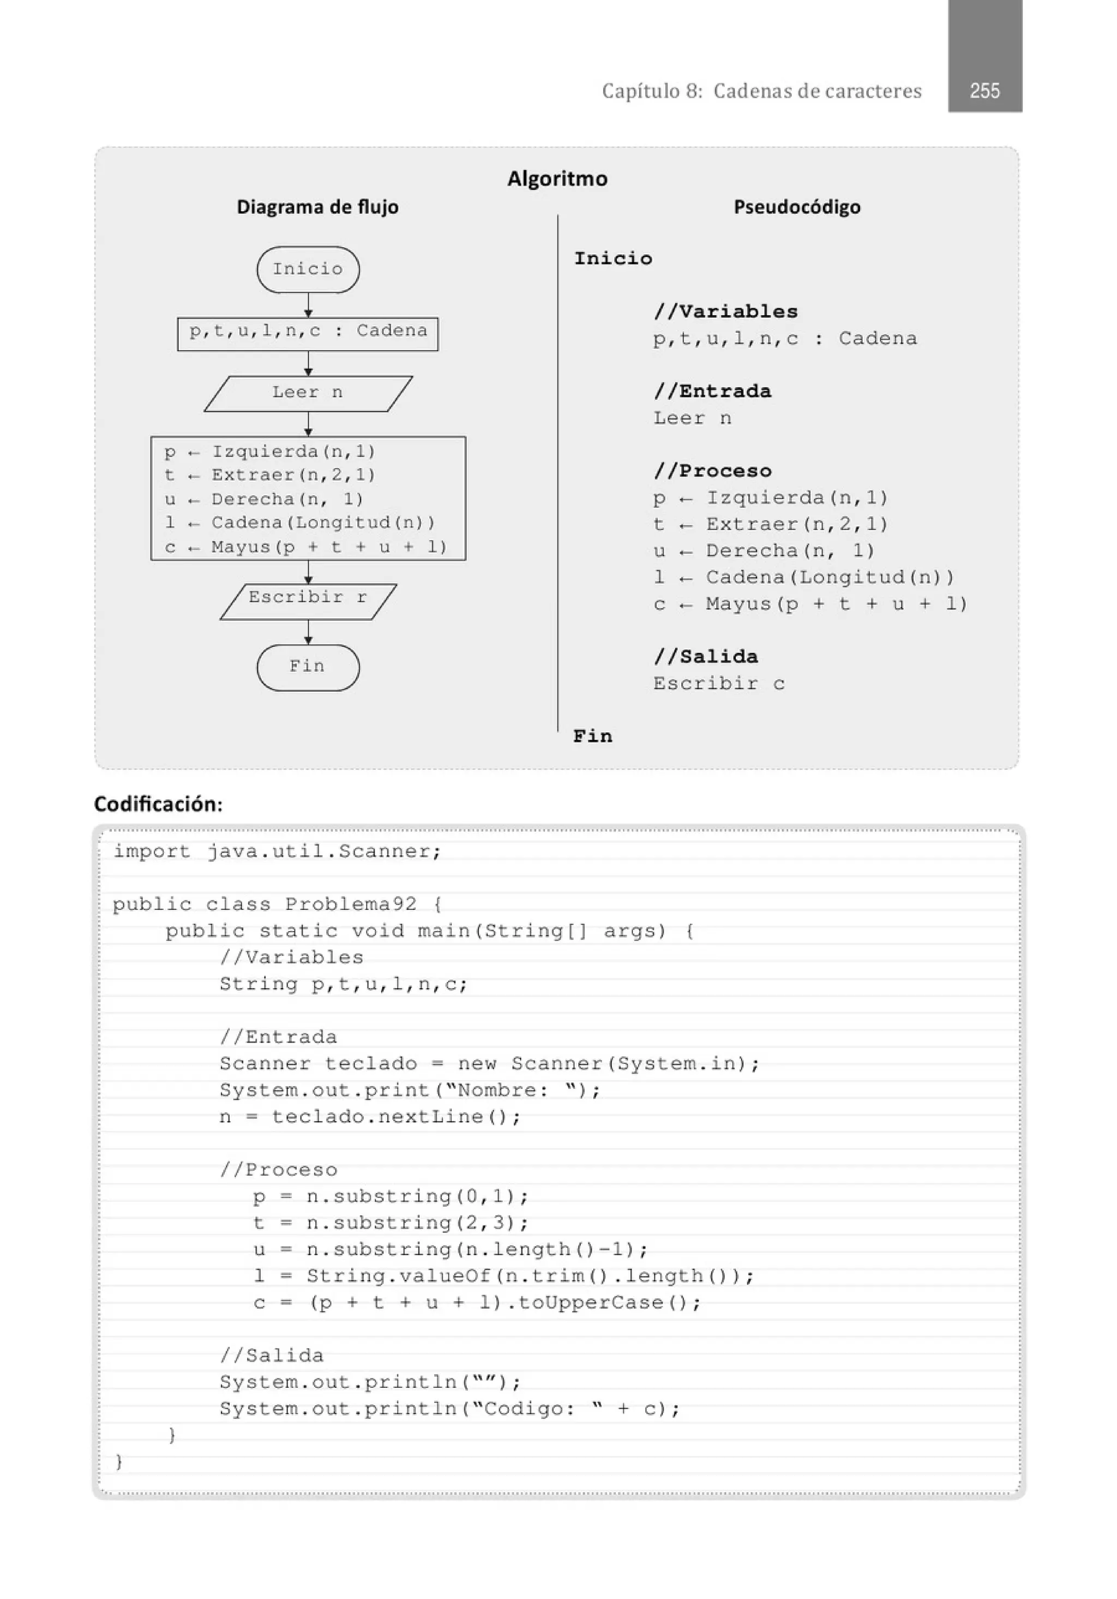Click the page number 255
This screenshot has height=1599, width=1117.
point(984,91)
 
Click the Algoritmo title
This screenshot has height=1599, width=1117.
point(556,179)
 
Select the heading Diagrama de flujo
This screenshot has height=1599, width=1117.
point(317,207)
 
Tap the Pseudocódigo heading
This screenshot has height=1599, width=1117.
point(797,207)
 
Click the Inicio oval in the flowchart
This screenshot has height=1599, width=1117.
point(308,270)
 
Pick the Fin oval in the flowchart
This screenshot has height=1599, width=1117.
point(308,667)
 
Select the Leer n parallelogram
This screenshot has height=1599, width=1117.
point(308,393)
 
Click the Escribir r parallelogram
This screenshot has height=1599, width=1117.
point(308,600)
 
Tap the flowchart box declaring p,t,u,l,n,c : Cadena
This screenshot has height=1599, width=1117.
point(308,333)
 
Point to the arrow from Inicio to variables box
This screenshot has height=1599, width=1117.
point(308,305)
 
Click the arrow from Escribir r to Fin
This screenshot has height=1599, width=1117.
point(308,632)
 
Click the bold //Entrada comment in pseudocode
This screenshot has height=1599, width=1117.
point(712,391)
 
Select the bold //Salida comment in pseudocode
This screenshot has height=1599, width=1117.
point(705,657)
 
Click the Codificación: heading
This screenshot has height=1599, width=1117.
point(158,804)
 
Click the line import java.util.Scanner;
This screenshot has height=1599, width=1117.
point(277,852)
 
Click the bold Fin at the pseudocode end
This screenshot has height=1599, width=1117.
point(593,736)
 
